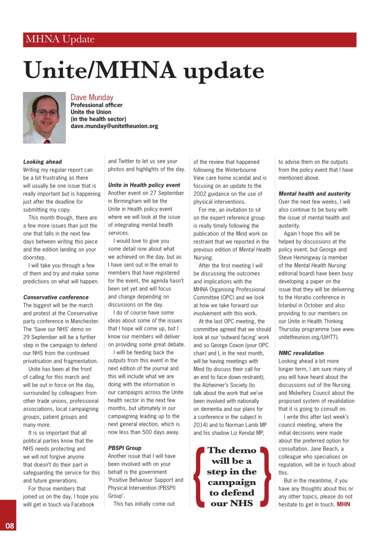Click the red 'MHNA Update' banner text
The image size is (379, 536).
pyautogui.click(x=60, y=40)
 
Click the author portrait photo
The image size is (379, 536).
pyautogui.click(x=44, y=118)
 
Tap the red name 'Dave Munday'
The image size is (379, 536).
pyautogui.click(x=92, y=98)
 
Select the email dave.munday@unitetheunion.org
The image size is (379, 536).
pyautogui.click(x=114, y=126)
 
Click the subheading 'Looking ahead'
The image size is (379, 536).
pyautogui.click(x=42, y=162)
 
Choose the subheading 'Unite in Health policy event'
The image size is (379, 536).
pyautogui.click(x=144, y=185)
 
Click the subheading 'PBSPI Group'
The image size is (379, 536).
pyautogui.click(x=125, y=448)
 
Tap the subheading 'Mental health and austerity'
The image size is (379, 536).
pyautogui.click(x=315, y=193)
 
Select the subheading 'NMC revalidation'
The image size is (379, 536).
pyautogui.click(x=301, y=353)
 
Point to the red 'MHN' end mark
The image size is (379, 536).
pyautogui.click(x=343, y=504)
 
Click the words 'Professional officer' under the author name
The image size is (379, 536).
pyautogui.click(x=96, y=105)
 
